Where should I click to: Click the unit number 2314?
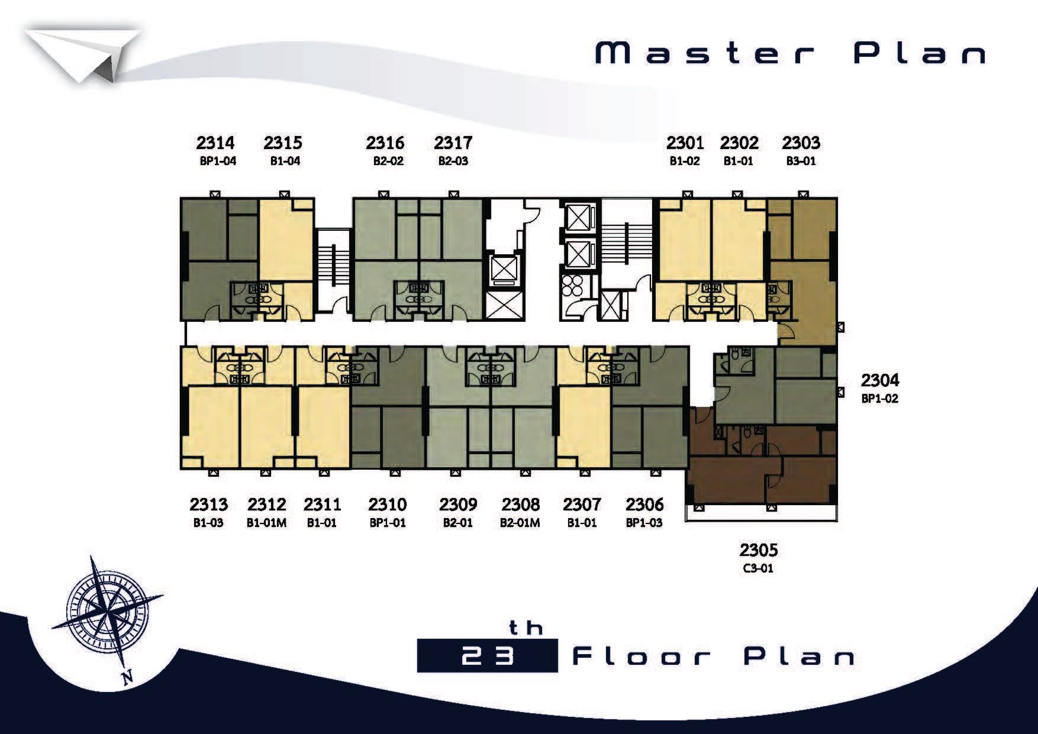coord(215,143)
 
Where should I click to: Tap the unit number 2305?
coord(758,550)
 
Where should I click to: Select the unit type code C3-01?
coord(758,569)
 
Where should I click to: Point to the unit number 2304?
coord(879,379)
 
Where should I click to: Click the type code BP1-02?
coord(879,399)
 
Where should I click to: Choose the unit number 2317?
coord(453,143)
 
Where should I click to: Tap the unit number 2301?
coord(685,143)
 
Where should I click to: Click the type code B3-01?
coord(801,161)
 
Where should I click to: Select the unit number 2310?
coord(388,505)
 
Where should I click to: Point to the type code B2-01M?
coord(520,523)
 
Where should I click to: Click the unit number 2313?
coord(208,505)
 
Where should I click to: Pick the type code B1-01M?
coord(266,523)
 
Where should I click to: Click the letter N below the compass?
coord(127,677)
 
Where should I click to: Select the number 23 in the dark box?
coord(486,657)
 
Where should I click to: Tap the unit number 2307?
coord(582,505)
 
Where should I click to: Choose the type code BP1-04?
coord(218,161)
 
